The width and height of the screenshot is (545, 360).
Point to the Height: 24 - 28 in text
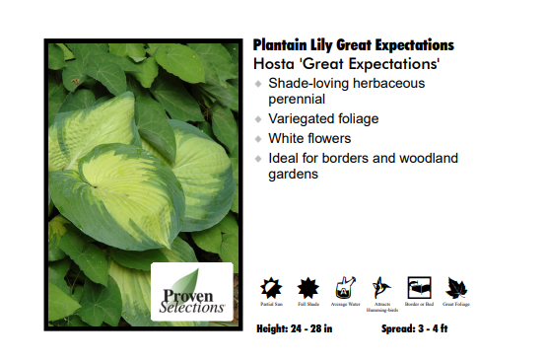click(x=294, y=328)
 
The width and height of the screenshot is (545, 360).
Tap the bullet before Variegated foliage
click(x=258, y=119)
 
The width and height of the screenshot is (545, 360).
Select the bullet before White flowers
click(x=258, y=139)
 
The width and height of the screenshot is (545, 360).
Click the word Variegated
click(x=302, y=119)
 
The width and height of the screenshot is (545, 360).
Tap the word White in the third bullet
click(x=286, y=139)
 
